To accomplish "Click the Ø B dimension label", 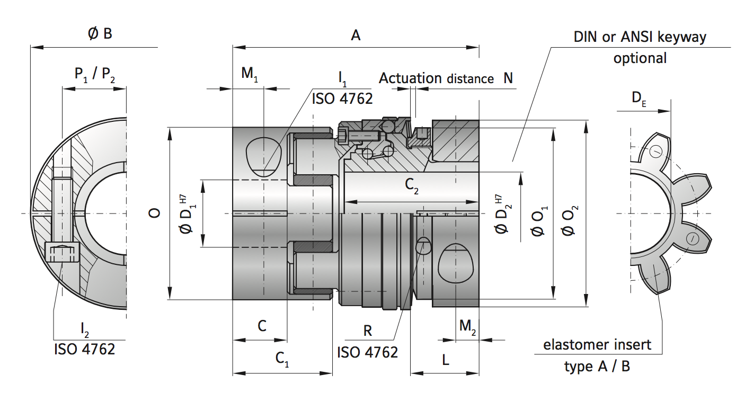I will tap(100, 34).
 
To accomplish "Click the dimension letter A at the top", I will tap(356, 35).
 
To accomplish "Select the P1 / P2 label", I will tap(94, 74).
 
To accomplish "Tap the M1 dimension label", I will tap(250, 74).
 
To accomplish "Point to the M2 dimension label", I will tap(467, 326).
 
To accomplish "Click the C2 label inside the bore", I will tap(412, 185).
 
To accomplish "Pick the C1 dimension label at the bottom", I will tap(282, 359).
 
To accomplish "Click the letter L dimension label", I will tap(446, 360).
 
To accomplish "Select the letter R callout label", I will tap(367, 331).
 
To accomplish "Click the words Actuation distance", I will tap(436, 78).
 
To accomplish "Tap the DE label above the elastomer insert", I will tap(639, 97).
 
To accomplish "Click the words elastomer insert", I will tap(597, 345).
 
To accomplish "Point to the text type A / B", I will tap(597, 366).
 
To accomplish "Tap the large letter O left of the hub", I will tap(154, 213).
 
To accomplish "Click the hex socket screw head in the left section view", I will tap(62, 252).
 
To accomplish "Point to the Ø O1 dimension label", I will tap(540, 221).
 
